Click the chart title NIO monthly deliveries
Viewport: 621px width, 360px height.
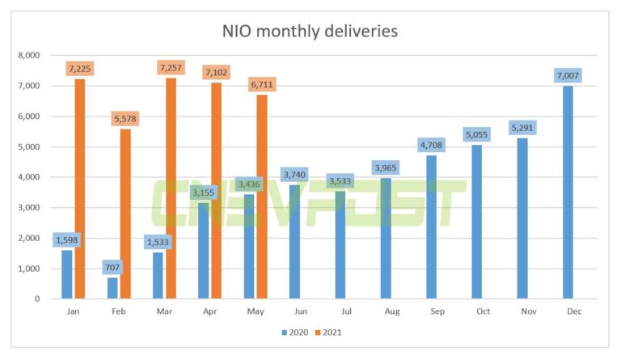[310, 32]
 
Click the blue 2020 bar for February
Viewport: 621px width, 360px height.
[112, 288]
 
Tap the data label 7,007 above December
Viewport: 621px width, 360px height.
[568, 75]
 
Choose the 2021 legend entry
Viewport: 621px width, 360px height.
[331, 332]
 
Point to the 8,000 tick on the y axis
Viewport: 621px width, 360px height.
[28, 56]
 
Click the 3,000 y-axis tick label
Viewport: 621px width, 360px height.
[28, 208]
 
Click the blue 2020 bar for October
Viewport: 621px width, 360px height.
[476, 222]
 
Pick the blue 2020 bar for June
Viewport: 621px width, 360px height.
[294, 242]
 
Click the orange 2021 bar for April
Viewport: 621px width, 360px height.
[216, 191]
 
